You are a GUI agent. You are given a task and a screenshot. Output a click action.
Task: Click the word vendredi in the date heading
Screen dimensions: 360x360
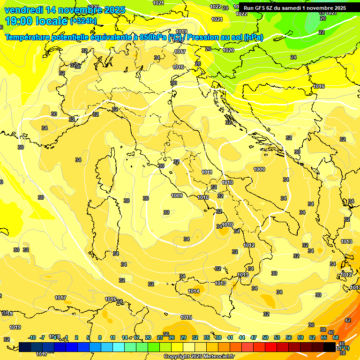point(21,10)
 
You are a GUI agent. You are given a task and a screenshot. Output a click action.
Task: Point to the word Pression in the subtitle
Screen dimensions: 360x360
point(203,37)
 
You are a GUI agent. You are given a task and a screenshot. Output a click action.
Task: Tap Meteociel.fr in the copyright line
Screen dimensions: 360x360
point(217,357)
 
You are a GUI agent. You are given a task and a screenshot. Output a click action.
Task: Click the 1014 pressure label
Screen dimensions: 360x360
point(194,291)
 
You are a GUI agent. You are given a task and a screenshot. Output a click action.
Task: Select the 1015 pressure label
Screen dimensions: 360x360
point(186,317)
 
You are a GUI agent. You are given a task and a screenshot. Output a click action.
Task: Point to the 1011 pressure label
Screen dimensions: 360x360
point(207,172)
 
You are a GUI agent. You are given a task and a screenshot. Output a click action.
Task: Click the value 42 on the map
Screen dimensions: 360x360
point(348,320)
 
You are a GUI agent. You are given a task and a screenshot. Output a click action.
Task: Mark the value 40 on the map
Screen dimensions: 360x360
point(331,332)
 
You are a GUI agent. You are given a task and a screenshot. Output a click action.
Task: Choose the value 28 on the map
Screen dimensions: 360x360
point(198,64)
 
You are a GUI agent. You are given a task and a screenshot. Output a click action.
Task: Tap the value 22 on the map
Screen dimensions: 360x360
point(322,32)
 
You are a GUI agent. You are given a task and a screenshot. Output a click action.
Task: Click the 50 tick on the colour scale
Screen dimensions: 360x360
point(265,337)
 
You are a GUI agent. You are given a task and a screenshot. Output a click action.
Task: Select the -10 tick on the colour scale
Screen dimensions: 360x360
point(32,337)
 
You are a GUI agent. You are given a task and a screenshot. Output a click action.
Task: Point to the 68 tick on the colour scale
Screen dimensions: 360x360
point(336,337)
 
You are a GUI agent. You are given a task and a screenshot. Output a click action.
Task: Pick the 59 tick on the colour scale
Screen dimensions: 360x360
point(300,337)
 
